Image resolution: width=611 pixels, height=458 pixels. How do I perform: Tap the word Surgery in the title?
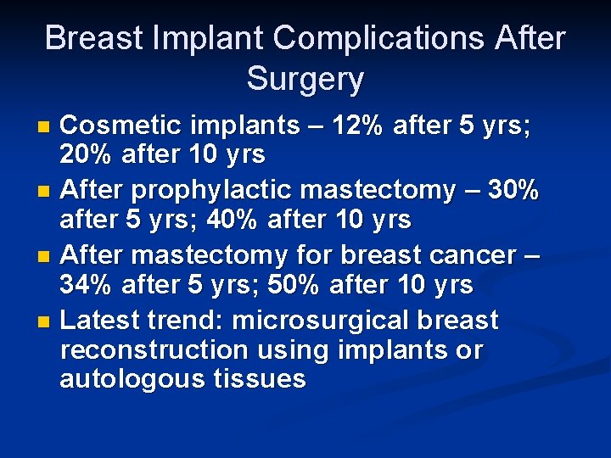tap(305, 80)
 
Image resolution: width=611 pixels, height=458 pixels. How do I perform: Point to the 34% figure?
tap(87, 285)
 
